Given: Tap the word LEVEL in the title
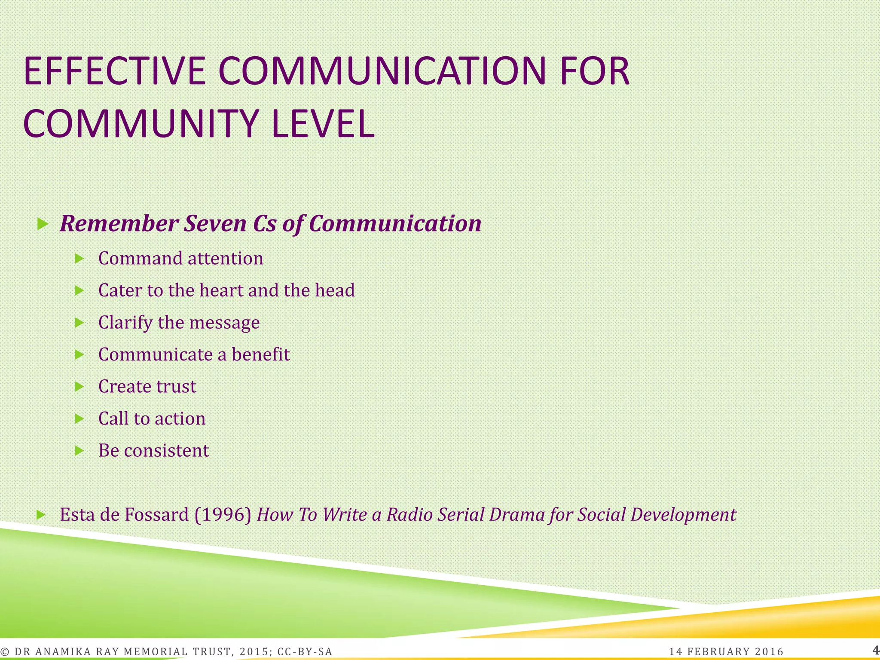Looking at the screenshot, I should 323,124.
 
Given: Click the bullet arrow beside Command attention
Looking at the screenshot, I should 79,259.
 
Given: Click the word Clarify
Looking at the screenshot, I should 125,323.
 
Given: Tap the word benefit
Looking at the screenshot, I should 261,354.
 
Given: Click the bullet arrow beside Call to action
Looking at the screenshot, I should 79,419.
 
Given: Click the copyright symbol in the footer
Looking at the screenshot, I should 5,652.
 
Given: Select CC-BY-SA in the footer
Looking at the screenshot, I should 305,652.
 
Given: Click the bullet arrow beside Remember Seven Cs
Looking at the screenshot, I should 42,223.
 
